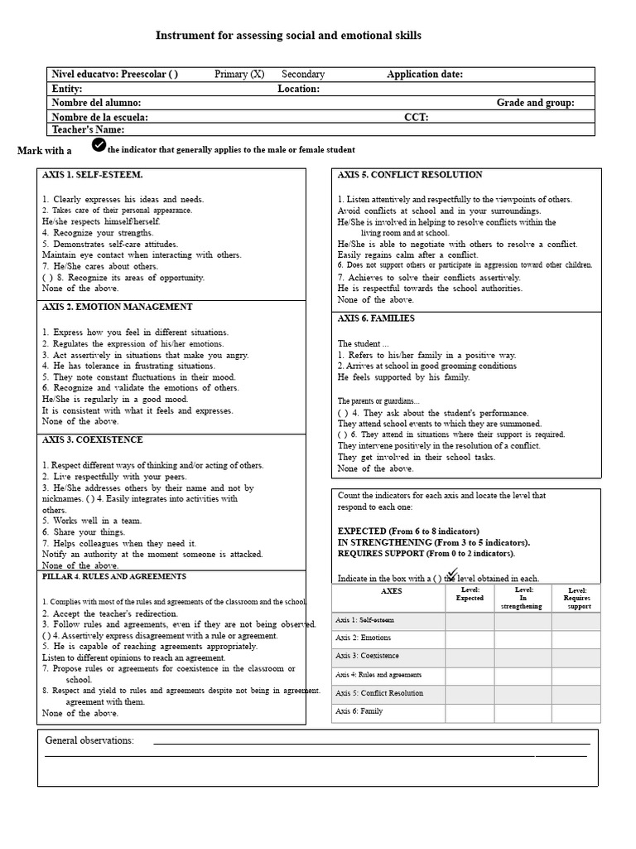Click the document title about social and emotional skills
click(x=289, y=36)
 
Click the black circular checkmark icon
click(x=99, y=146)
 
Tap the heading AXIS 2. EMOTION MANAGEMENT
click(x=118, y=307)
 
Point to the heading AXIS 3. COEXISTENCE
click(x=93, y=439)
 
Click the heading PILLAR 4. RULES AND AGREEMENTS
click(x=114, y=576)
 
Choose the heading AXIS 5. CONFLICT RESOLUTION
click(x=410, y=175)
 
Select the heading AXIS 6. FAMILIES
click(x=376, y=318)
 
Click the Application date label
click(x=425, y=75)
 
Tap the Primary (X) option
click(x=239, y=75)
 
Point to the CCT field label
click(x=416, y=118)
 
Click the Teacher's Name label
click(x=88, y=129)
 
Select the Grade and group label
click(x=535, y=103)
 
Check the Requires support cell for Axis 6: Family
click(x=576, y=712)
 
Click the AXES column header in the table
click(x=392, y=592)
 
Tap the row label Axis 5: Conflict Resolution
click(x=379, y=694)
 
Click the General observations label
click(x=89, y=740)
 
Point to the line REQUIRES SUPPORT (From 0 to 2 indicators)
click(x=426, y=553)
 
